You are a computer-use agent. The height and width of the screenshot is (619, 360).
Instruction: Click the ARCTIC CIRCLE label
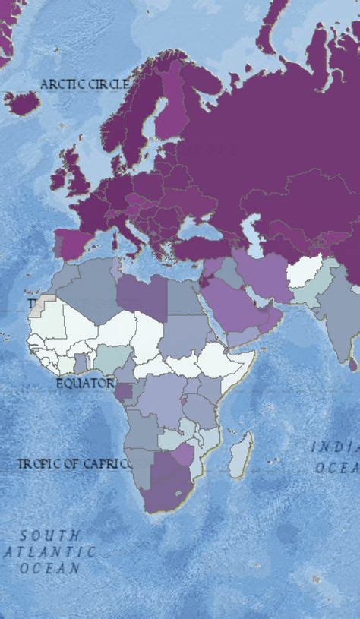(x=84, y=84)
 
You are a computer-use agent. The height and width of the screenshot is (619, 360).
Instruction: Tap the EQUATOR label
(x=85, y=384)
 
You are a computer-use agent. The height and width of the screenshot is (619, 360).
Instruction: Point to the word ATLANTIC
(x=49, y=552)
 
